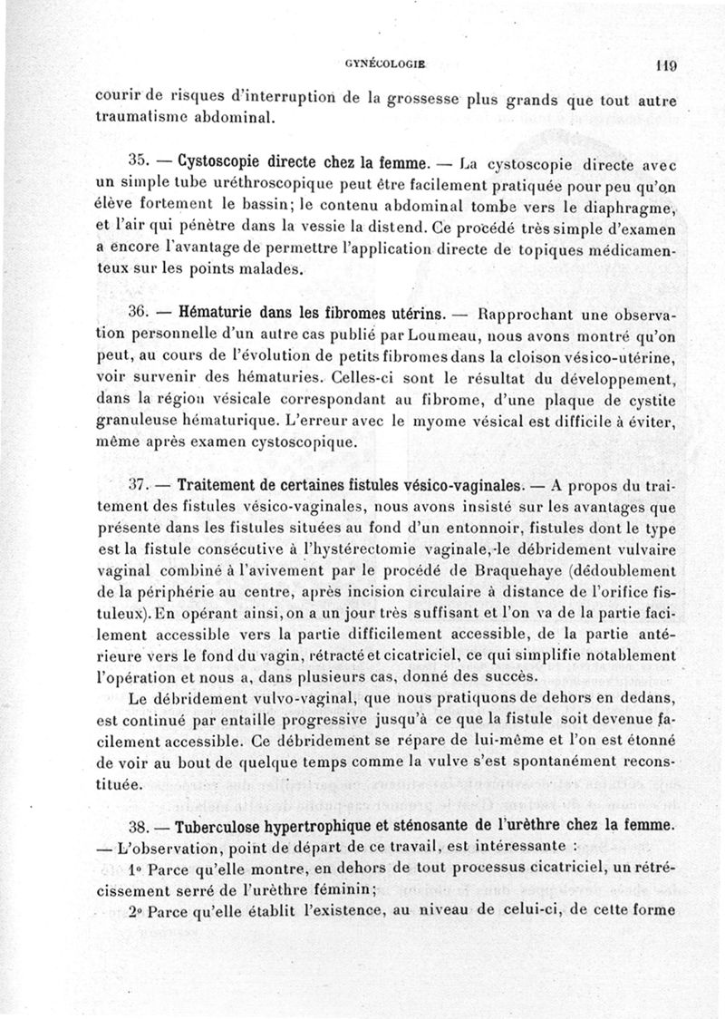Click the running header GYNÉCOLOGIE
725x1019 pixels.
tap(386, 64)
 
